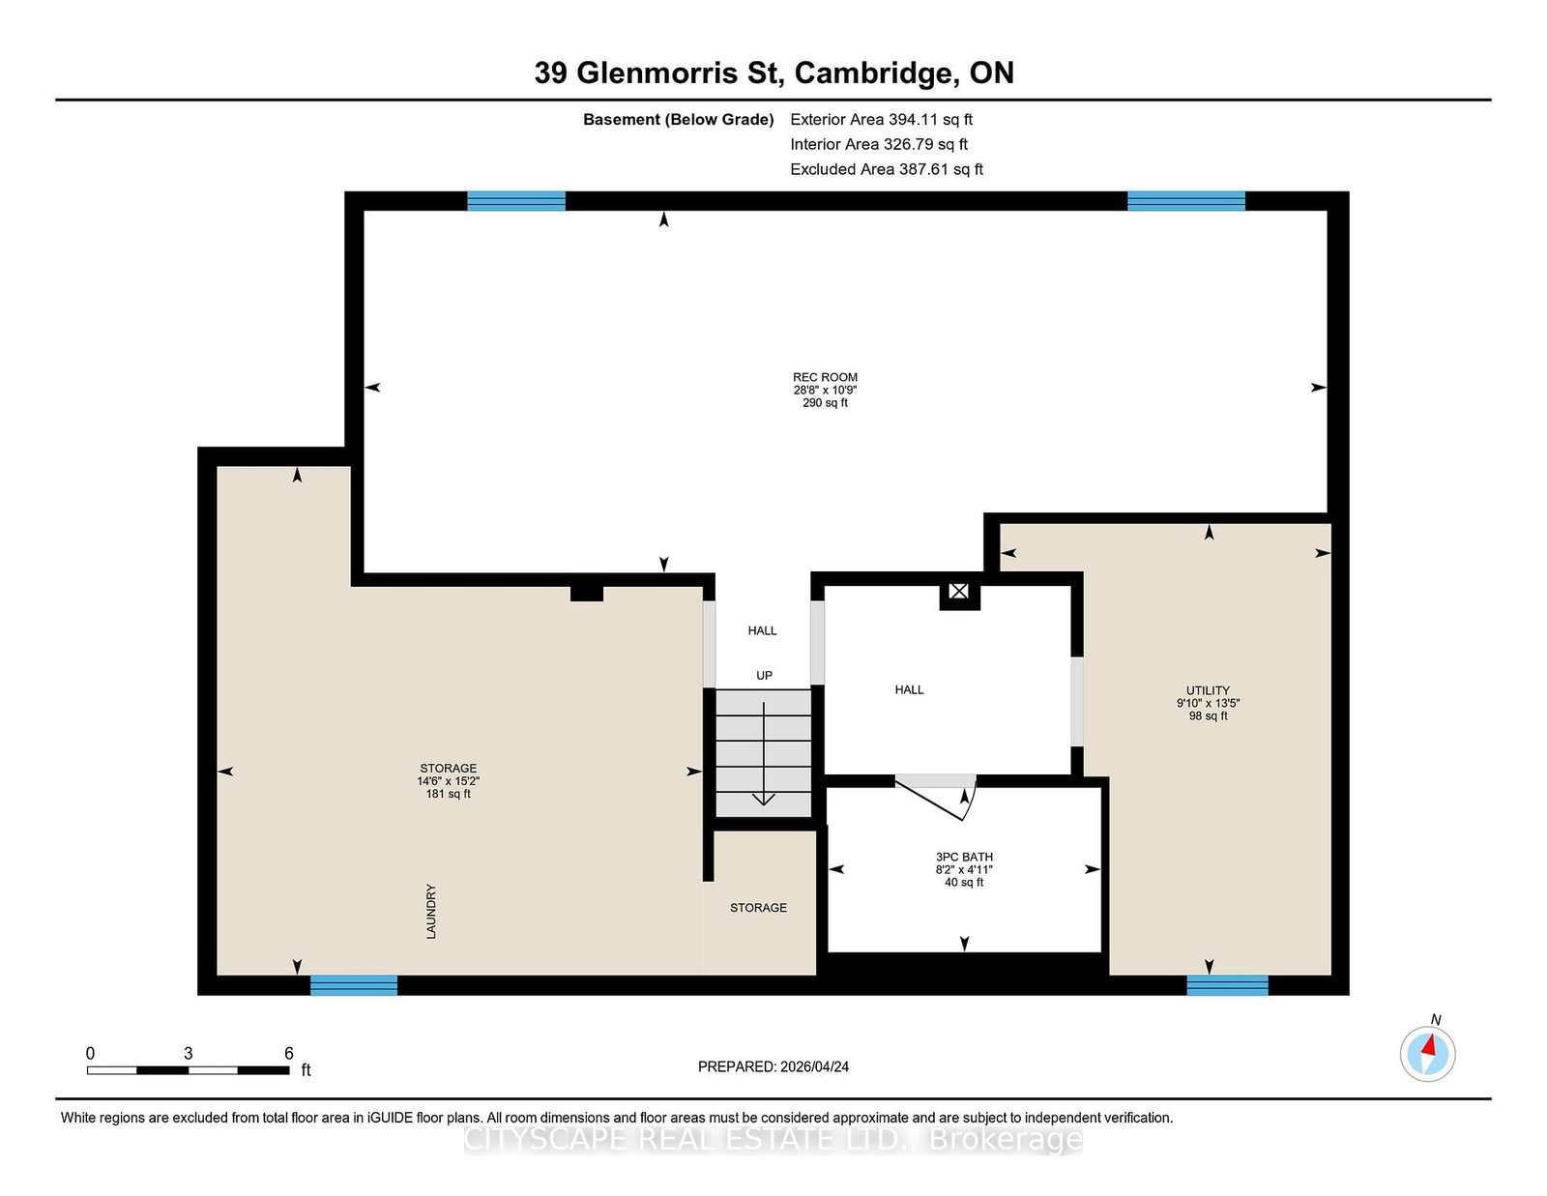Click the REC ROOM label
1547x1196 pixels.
point(825,377)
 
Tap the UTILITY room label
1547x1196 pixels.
point(1209,690)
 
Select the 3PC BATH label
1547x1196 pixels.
point(964,858)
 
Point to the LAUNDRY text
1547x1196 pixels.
point(430,911)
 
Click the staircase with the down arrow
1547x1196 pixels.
point(763,753)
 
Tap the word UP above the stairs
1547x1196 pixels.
point(764,675)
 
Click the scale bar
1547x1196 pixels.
point(188,1070)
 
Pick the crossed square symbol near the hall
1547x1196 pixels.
point(959,591)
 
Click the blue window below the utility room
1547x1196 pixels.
point(1227,985)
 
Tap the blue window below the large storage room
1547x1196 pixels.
point(354,985)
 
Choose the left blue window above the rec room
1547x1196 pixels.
point(516,201)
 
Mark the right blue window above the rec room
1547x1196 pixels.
point(1186,201)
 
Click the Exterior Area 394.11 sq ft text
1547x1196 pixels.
point(882,120)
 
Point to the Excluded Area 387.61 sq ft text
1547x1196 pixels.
point(887,169)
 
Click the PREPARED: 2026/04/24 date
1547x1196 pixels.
point(773,1066)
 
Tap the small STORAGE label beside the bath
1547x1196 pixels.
point(758,908)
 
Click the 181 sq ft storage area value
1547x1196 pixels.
point(449,794)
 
